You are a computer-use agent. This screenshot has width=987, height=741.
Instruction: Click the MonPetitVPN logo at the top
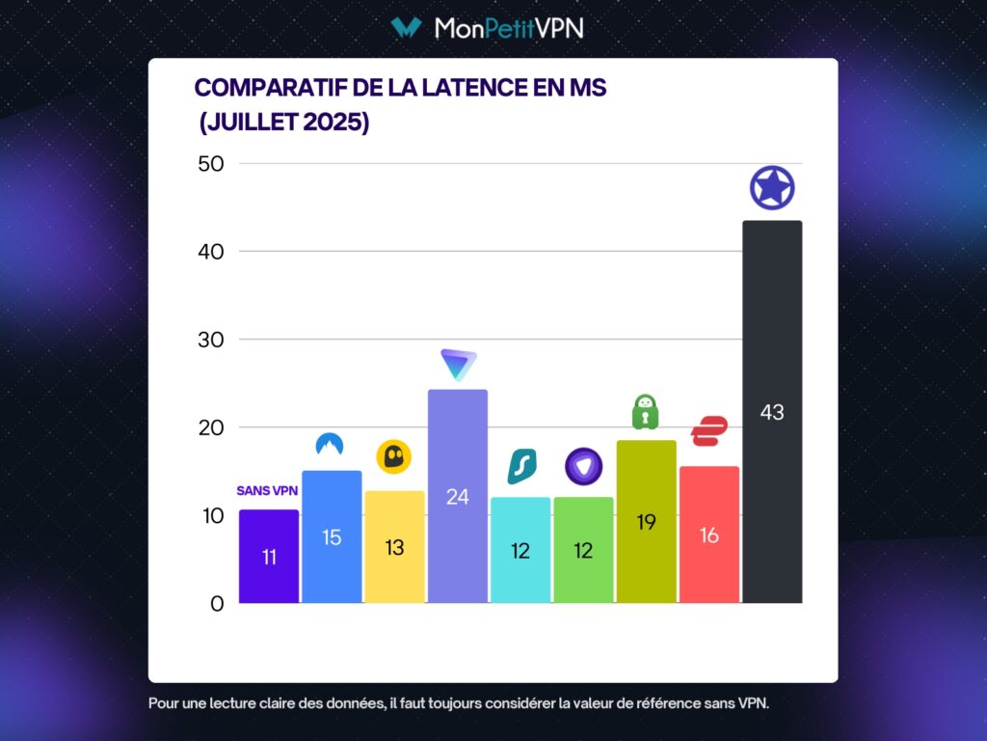487,28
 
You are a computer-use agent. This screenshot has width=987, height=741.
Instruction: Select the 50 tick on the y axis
209,163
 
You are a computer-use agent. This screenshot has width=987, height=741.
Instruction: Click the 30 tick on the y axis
209,340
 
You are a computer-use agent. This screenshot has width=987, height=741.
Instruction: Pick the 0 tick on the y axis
216,604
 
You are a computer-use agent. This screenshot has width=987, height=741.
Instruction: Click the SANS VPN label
267,490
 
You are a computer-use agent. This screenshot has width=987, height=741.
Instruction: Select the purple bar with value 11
268,557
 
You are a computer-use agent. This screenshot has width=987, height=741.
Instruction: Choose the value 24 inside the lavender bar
457,497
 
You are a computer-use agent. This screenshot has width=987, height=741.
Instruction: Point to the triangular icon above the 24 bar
458,364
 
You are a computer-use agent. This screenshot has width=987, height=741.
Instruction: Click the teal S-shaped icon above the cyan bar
521,467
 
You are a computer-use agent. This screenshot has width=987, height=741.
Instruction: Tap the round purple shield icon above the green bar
583,466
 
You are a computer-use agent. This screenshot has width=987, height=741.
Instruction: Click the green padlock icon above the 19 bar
645,412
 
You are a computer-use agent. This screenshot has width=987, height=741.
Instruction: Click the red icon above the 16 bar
708,430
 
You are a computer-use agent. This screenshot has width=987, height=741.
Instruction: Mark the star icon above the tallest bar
772,188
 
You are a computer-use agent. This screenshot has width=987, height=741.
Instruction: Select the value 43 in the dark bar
772,412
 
